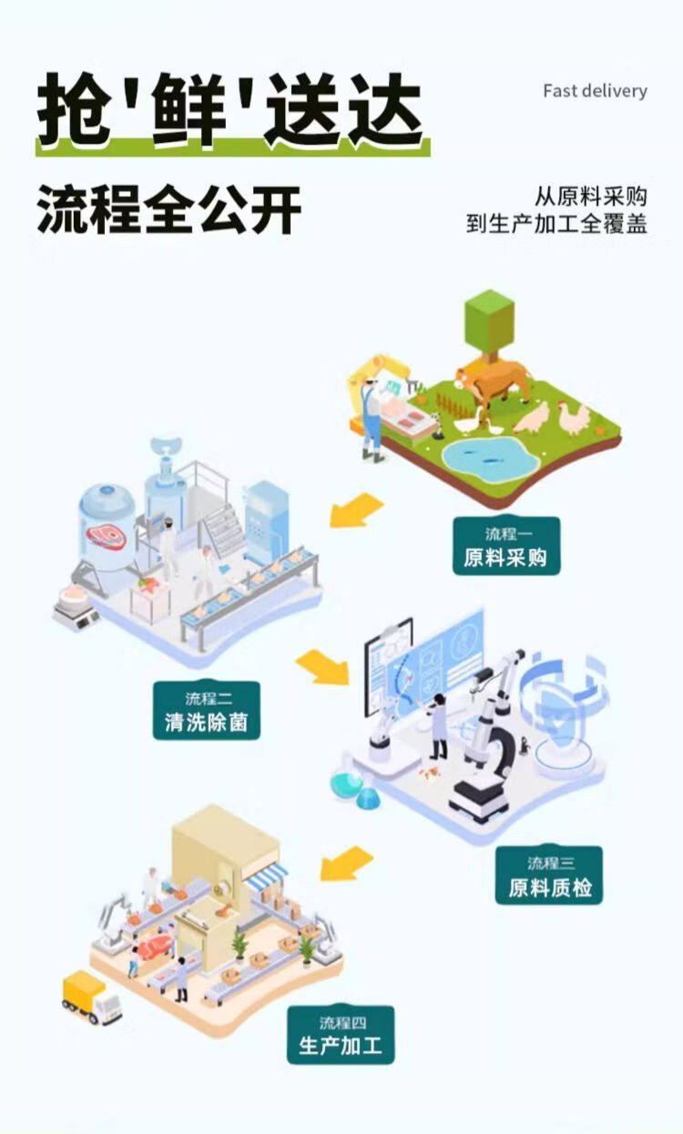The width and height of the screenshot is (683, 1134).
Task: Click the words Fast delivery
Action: (595, 91)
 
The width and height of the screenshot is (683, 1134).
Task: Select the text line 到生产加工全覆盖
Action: (556, 224)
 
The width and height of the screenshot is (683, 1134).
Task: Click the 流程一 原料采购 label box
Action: (506, 547)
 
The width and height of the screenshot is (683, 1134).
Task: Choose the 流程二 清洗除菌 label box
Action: (207, 711)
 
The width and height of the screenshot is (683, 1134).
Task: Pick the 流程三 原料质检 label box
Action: (549, 876)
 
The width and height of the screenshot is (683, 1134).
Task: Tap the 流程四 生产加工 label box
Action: (341, 1035)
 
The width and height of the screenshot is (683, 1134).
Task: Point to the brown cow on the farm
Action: (493, 378)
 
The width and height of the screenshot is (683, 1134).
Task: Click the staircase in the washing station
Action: (223, 528)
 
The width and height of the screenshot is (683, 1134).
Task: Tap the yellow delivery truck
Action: (91, 997)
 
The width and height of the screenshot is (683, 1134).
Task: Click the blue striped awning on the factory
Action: (265, 877)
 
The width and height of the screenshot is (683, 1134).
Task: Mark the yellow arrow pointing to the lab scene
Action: (322, 668)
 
